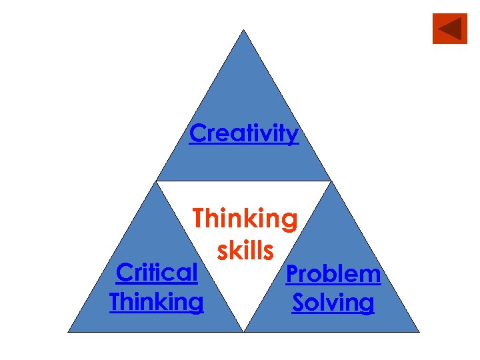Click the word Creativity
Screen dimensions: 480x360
coord(244,133)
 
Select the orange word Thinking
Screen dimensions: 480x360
coord(245,219)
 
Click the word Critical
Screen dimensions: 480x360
coord(157,272)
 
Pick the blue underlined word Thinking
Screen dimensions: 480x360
coord(157,302)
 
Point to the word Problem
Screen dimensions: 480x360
coord(333,273)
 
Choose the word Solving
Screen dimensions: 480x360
coord(333,303)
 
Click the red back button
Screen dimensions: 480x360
coord(450,29)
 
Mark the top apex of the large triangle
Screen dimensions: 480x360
coord(244,30)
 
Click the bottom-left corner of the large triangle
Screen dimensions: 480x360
coord(69,331)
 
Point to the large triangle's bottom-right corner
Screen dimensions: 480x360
coord(419,331)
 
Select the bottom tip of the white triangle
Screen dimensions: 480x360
coord(244,331)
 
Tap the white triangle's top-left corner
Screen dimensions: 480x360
coord(157,181)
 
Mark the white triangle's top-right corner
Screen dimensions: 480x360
coord(331,181)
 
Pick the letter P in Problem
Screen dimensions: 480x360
coord(292,273)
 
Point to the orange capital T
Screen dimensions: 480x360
coord(199,219)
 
